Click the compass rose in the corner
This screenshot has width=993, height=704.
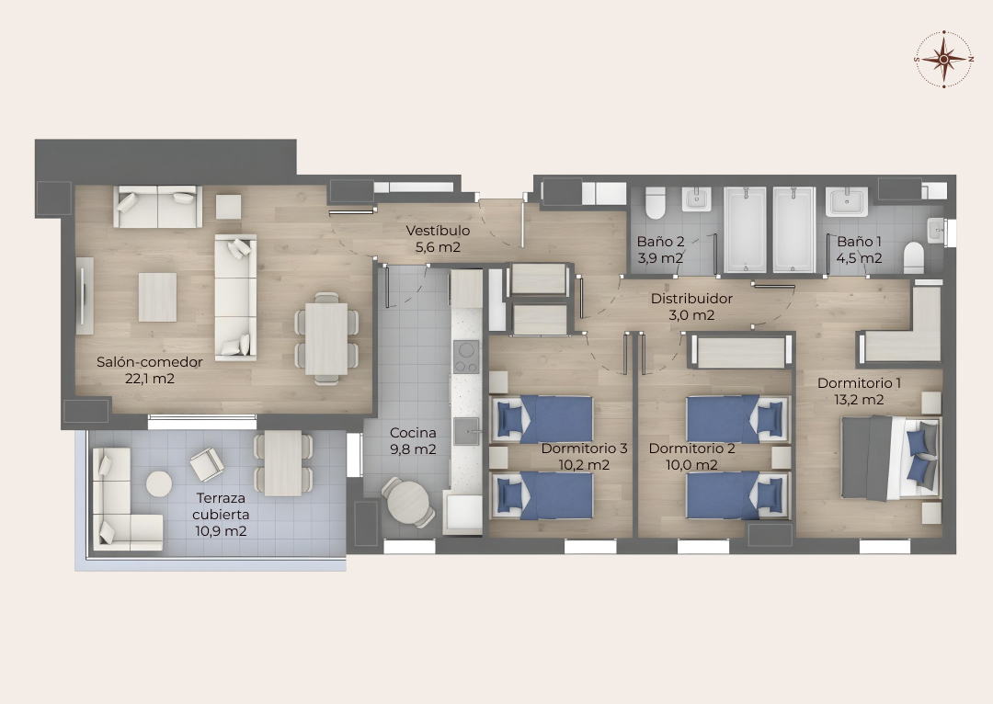943,59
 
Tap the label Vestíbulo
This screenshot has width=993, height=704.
438,231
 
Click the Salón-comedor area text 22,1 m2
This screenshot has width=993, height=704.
150,379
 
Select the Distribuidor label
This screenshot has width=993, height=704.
691,298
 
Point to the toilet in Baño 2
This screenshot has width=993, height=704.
656,202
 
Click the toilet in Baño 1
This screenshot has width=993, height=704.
914,257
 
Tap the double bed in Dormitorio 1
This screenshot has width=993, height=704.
890,457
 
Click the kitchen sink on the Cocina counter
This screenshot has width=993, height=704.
466,431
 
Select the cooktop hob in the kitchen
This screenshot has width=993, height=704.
466,357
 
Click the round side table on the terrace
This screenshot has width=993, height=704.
159,484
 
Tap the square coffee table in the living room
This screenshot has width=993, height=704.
158,297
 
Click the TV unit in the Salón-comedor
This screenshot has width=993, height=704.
85,296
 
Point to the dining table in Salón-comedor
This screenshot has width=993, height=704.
326,339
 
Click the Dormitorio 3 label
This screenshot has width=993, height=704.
584,449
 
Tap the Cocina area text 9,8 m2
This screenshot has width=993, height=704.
413,449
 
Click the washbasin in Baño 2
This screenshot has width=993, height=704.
696,199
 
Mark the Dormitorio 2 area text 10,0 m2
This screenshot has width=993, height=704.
691,465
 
